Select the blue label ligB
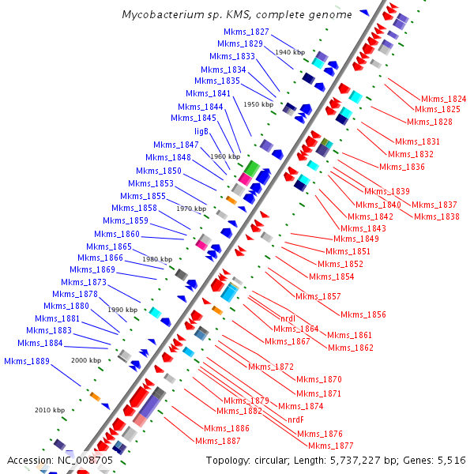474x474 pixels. [x=201, y=131]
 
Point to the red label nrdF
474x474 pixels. [x=295, y=419]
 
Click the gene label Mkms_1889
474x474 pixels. [x=27, y=361]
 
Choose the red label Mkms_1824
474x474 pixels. [x=443, y=99]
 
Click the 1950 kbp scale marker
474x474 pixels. [x=258, y=104]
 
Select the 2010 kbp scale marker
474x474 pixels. [x=49, y=410]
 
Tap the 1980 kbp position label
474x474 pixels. [x=156, y=259]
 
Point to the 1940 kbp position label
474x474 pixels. [x=290, y=52]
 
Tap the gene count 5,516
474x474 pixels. [x=451, y=460]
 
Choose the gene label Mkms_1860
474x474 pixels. [x=117, y=234]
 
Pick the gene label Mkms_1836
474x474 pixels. [x=402, y=167]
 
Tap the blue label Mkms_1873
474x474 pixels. [x=83, y=282]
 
